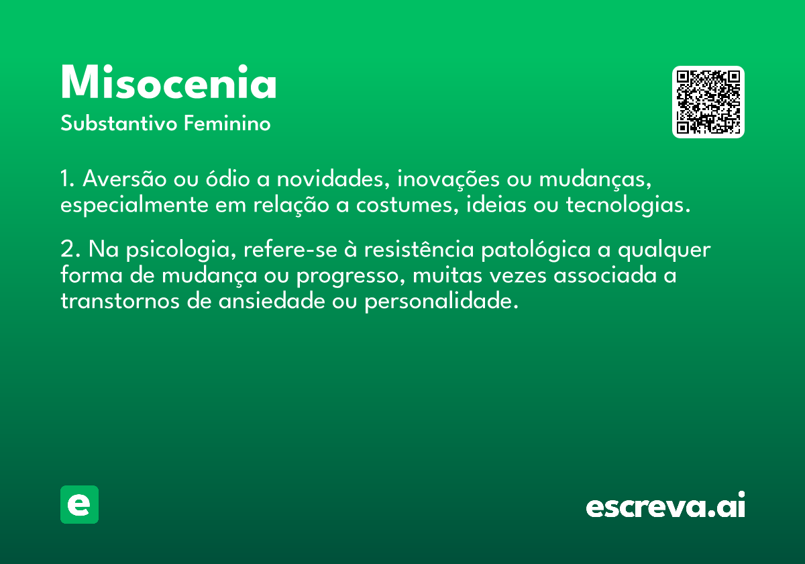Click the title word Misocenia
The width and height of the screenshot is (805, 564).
[x=168, y=83]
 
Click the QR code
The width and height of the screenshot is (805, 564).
[x=708, y=102]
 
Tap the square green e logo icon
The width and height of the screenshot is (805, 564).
[x=79, y=504]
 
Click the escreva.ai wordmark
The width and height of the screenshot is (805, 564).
[x=665, y=506]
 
